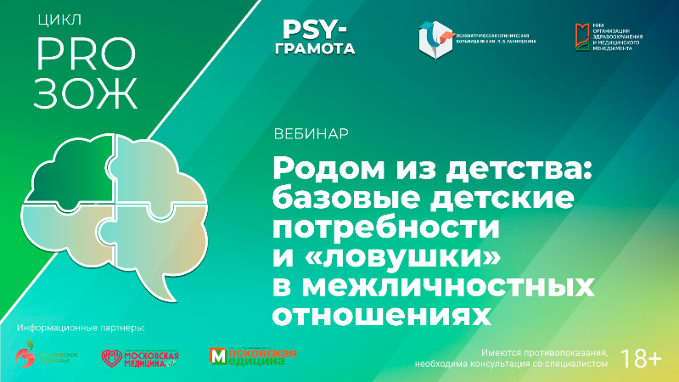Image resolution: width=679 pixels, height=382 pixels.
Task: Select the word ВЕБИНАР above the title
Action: pyautogui.click(x=311, y=135)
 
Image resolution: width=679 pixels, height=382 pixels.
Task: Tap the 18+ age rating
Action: pyautogui.click(x=642, y=357)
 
